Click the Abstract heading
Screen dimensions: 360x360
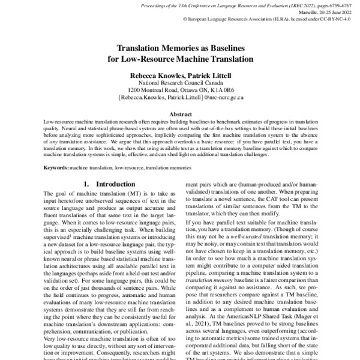point(180,114)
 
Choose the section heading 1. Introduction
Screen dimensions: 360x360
point(103,185)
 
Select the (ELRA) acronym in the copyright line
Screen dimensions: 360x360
point(277,19)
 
